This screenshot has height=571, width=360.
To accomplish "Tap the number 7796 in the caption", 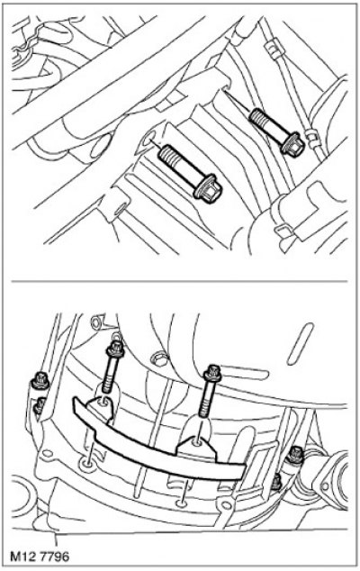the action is click(x=55, y=557).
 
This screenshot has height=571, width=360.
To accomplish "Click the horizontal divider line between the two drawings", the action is click(x=179, y=281).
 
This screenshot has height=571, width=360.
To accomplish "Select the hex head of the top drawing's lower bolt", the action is click(x=209, y=189).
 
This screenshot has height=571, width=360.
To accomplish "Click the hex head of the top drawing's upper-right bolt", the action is click(x=292, y=145).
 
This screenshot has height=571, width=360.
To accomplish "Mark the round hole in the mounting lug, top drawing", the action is click(x=148, y=139).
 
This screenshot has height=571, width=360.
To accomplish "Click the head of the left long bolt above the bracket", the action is click(x=115, y=349).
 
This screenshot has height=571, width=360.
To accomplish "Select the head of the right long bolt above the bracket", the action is click(x=212, y=372).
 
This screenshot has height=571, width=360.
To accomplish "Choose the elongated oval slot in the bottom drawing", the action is click(x=300, y=345).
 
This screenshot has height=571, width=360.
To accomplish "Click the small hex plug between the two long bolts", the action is click(x=158, y=359).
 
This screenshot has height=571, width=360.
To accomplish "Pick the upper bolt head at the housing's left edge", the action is click(x=38, y=380).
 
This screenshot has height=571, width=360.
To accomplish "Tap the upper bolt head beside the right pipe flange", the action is click(x=294, y=455).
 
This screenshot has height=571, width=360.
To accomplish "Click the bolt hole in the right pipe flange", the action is click(x=325, y=485).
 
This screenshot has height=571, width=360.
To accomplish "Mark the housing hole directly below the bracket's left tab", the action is click(x=86, y=463).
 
